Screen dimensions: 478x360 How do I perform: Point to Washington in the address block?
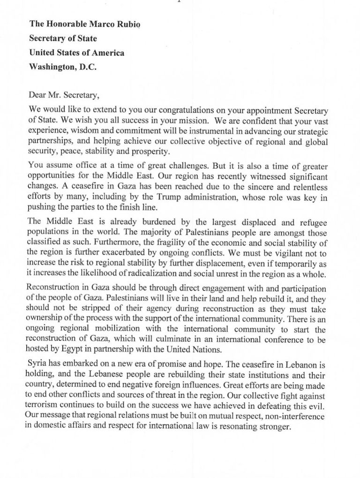50,67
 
